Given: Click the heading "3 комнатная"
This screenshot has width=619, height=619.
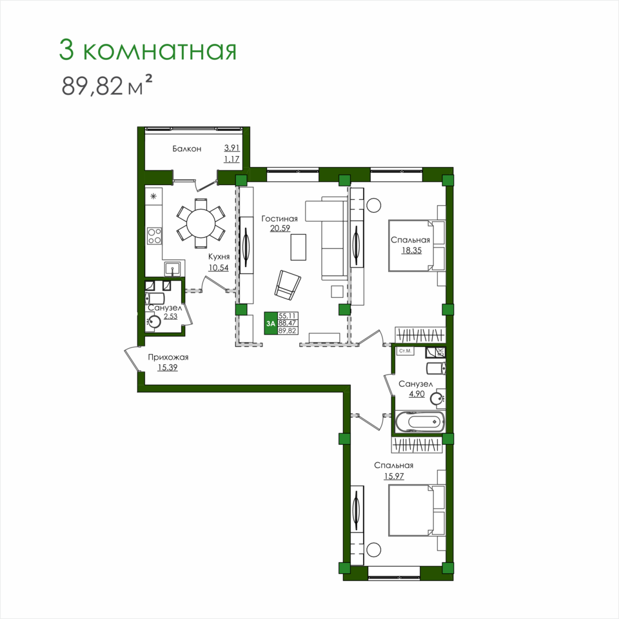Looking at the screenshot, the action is (148, 50).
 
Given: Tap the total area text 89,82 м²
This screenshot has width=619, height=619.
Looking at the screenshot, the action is (106, 86).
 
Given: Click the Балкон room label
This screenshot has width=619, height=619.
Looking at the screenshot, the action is (187, 149).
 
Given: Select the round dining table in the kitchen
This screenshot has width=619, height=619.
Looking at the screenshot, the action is (201, 223).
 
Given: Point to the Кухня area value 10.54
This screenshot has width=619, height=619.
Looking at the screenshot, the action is (219, 268).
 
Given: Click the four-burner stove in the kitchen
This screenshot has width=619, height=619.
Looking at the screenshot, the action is (154, 236).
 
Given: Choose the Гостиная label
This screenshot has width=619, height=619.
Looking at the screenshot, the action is (279, 219).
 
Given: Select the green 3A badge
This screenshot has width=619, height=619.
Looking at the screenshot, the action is (271, 323).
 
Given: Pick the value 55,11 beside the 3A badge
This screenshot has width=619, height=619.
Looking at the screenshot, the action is (288, 316).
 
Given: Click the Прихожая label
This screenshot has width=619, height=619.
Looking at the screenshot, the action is (168, 357).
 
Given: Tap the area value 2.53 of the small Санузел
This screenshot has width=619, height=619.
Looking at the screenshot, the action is (170, 316).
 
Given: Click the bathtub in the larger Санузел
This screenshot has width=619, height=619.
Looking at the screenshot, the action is (420, 422).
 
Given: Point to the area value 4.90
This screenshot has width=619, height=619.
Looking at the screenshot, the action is (417, 393).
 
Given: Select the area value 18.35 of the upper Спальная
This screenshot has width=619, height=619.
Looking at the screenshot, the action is (411, 250).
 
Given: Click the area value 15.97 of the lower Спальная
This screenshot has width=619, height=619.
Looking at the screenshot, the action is (394, 476).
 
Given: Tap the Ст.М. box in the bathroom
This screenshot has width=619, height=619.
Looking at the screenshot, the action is (406, 351).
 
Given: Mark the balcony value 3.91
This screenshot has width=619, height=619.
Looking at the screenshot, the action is (231, 148).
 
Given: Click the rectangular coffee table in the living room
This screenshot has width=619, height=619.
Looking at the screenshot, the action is (299, 247).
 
